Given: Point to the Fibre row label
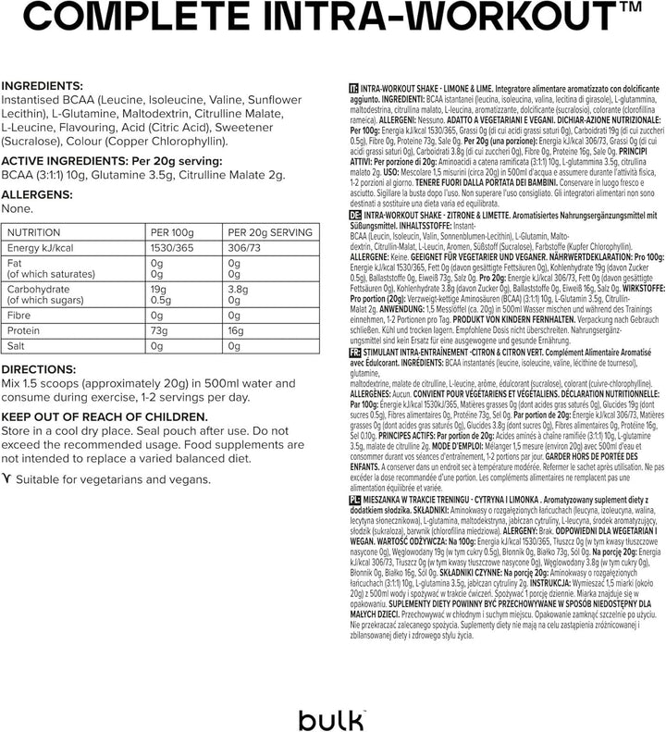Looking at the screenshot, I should pyautogui.click(x=21, y=315).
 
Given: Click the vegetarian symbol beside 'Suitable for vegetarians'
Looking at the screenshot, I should pyautogui.click(x=7, y=479).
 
